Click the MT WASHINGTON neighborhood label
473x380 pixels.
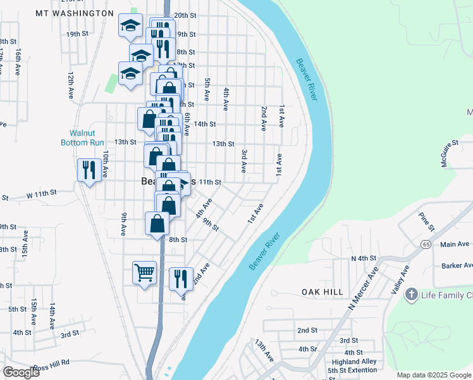75,13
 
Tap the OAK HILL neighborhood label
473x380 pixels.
322,292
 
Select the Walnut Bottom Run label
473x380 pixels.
82,137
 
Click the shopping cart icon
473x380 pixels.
144,273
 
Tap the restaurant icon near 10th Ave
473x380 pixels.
89,170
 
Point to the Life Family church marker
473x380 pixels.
412,294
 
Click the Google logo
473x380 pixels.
21,372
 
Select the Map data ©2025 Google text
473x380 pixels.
433,374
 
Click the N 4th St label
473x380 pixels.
364,258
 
